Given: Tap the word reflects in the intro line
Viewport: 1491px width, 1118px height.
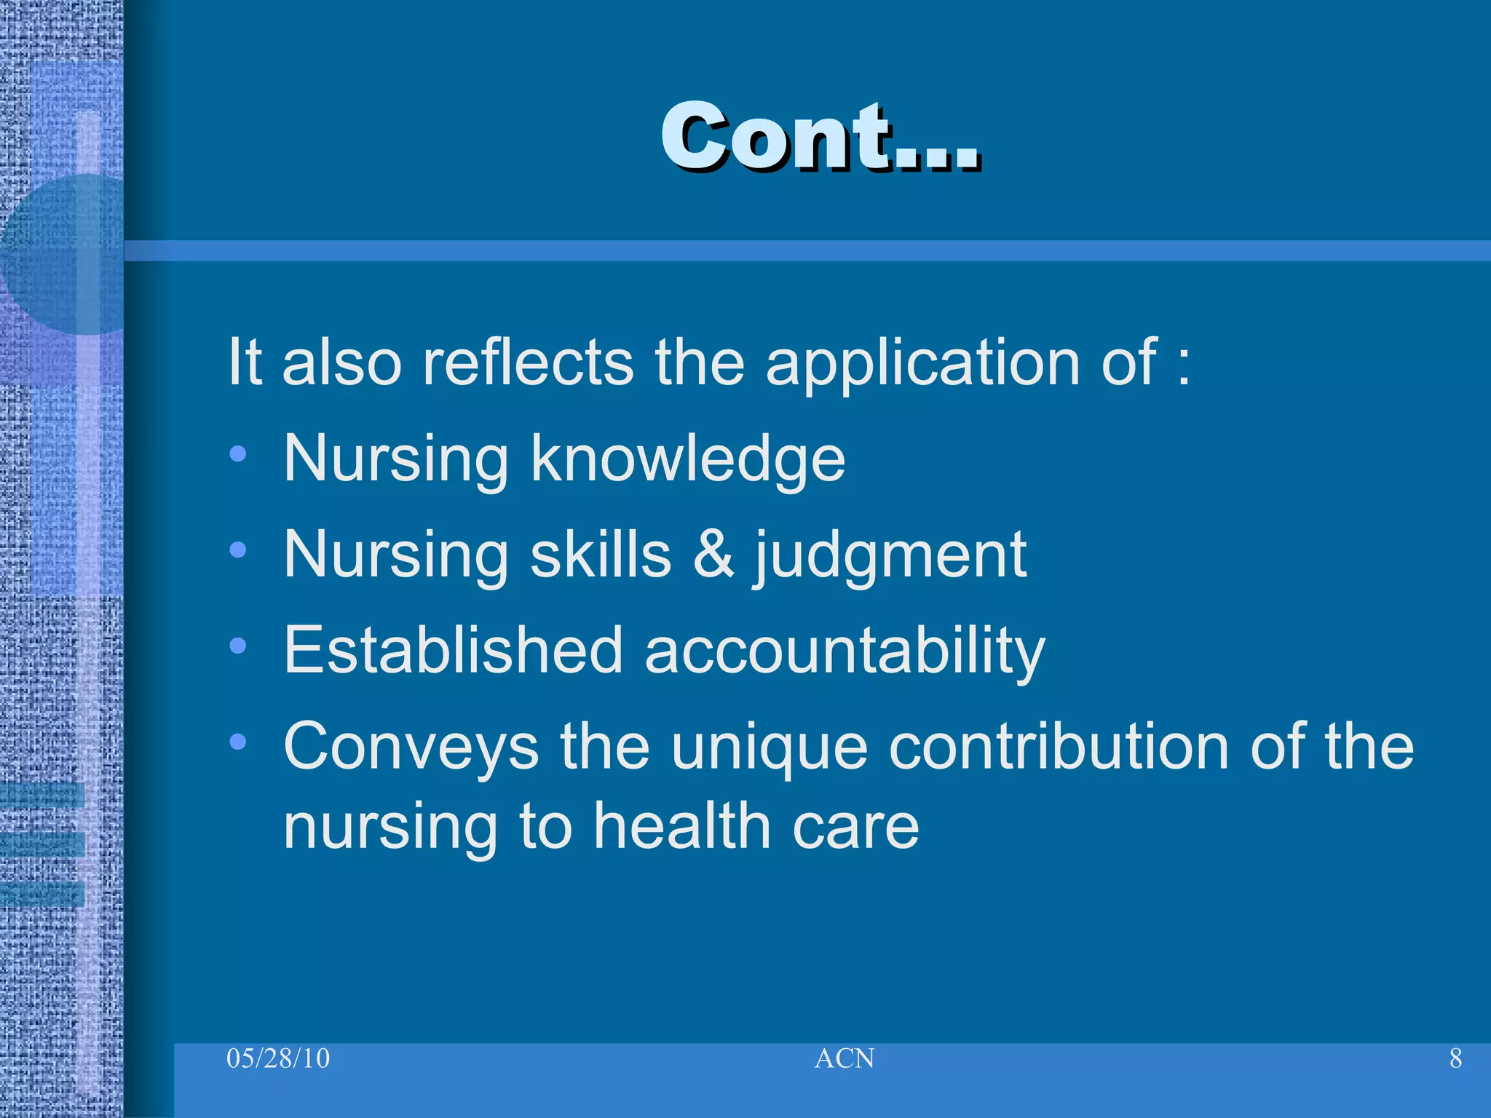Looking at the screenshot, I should point(527,362).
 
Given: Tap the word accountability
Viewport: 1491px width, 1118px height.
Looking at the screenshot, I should point(845,652).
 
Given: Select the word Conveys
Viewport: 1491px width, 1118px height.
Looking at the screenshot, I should point(411,748).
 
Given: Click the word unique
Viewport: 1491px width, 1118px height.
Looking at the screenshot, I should point(769,748).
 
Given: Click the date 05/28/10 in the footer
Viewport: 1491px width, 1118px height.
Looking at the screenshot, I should point(278,1058).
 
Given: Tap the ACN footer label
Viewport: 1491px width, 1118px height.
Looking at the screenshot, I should point(844,1058).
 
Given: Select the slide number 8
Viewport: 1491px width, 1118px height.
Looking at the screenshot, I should point(1455,1058).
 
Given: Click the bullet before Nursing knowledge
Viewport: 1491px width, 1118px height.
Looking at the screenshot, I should point(237,455).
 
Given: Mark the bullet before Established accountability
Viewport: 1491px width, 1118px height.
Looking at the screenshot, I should point(237,646).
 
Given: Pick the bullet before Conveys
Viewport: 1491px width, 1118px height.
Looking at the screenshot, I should point(237,742).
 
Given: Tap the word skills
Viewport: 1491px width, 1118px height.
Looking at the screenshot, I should point(601,555).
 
